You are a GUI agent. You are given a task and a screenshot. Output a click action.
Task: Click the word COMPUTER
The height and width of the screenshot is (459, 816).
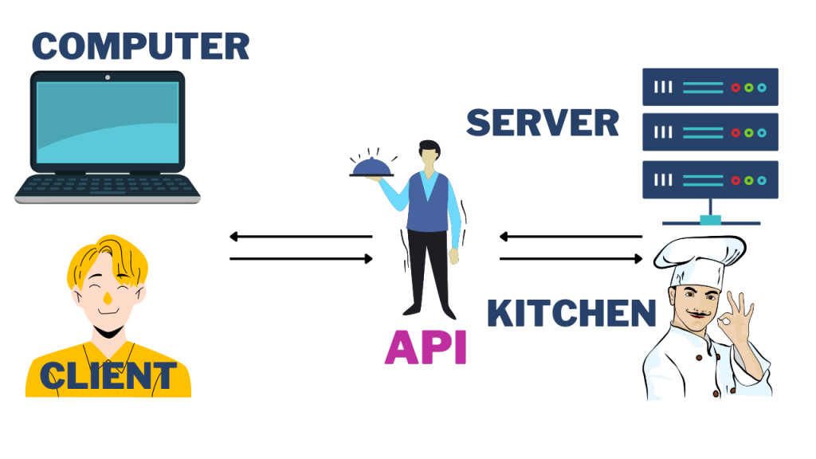[140, 45]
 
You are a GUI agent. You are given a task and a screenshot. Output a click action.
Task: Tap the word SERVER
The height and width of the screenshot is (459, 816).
[542, 123]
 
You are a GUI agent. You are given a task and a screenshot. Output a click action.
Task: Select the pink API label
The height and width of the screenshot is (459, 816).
[426, 347]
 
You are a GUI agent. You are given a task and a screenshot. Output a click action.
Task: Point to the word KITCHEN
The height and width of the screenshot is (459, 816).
[571, 313]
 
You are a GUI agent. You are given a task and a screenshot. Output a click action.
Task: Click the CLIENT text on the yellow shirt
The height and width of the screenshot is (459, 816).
[108, 375]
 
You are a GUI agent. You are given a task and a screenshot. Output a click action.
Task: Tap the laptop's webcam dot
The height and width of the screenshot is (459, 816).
[108, 78]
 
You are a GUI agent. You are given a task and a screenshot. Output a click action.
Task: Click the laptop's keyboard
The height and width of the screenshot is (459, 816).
[108, 184]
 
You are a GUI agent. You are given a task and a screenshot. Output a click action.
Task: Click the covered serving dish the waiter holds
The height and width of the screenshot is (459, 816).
[371, 166]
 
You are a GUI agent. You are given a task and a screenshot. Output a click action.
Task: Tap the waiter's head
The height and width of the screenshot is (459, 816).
[428, 155]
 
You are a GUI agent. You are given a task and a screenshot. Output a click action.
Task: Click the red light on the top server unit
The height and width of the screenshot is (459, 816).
[736, 87]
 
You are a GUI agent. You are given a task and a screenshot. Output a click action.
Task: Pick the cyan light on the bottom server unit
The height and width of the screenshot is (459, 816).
[762, 179]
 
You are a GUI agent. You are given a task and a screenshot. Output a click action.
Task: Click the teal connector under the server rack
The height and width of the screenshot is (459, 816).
[710, 219]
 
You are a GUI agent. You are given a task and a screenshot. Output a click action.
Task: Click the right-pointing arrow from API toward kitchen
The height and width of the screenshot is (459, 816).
[571, 258]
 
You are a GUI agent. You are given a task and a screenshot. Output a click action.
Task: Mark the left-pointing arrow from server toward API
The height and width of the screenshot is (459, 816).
[571, 236]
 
